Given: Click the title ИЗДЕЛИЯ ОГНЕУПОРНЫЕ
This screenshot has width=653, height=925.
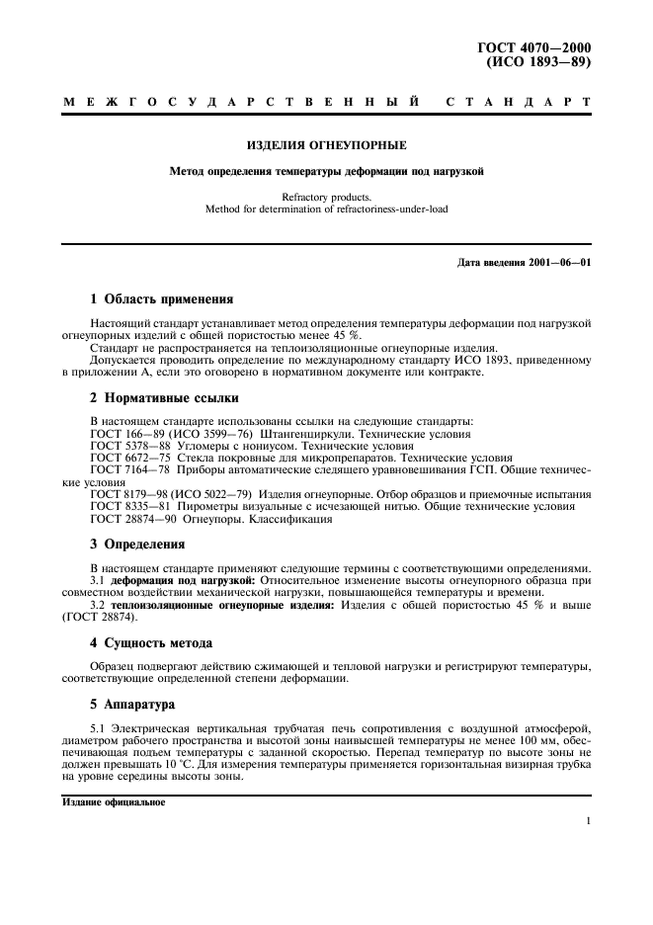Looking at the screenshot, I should [326, 144].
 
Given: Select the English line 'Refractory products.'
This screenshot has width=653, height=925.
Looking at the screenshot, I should [326, 197].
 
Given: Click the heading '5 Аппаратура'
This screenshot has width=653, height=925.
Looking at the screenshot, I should [132, 706].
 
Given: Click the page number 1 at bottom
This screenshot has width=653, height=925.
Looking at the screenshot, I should [587, 820].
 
